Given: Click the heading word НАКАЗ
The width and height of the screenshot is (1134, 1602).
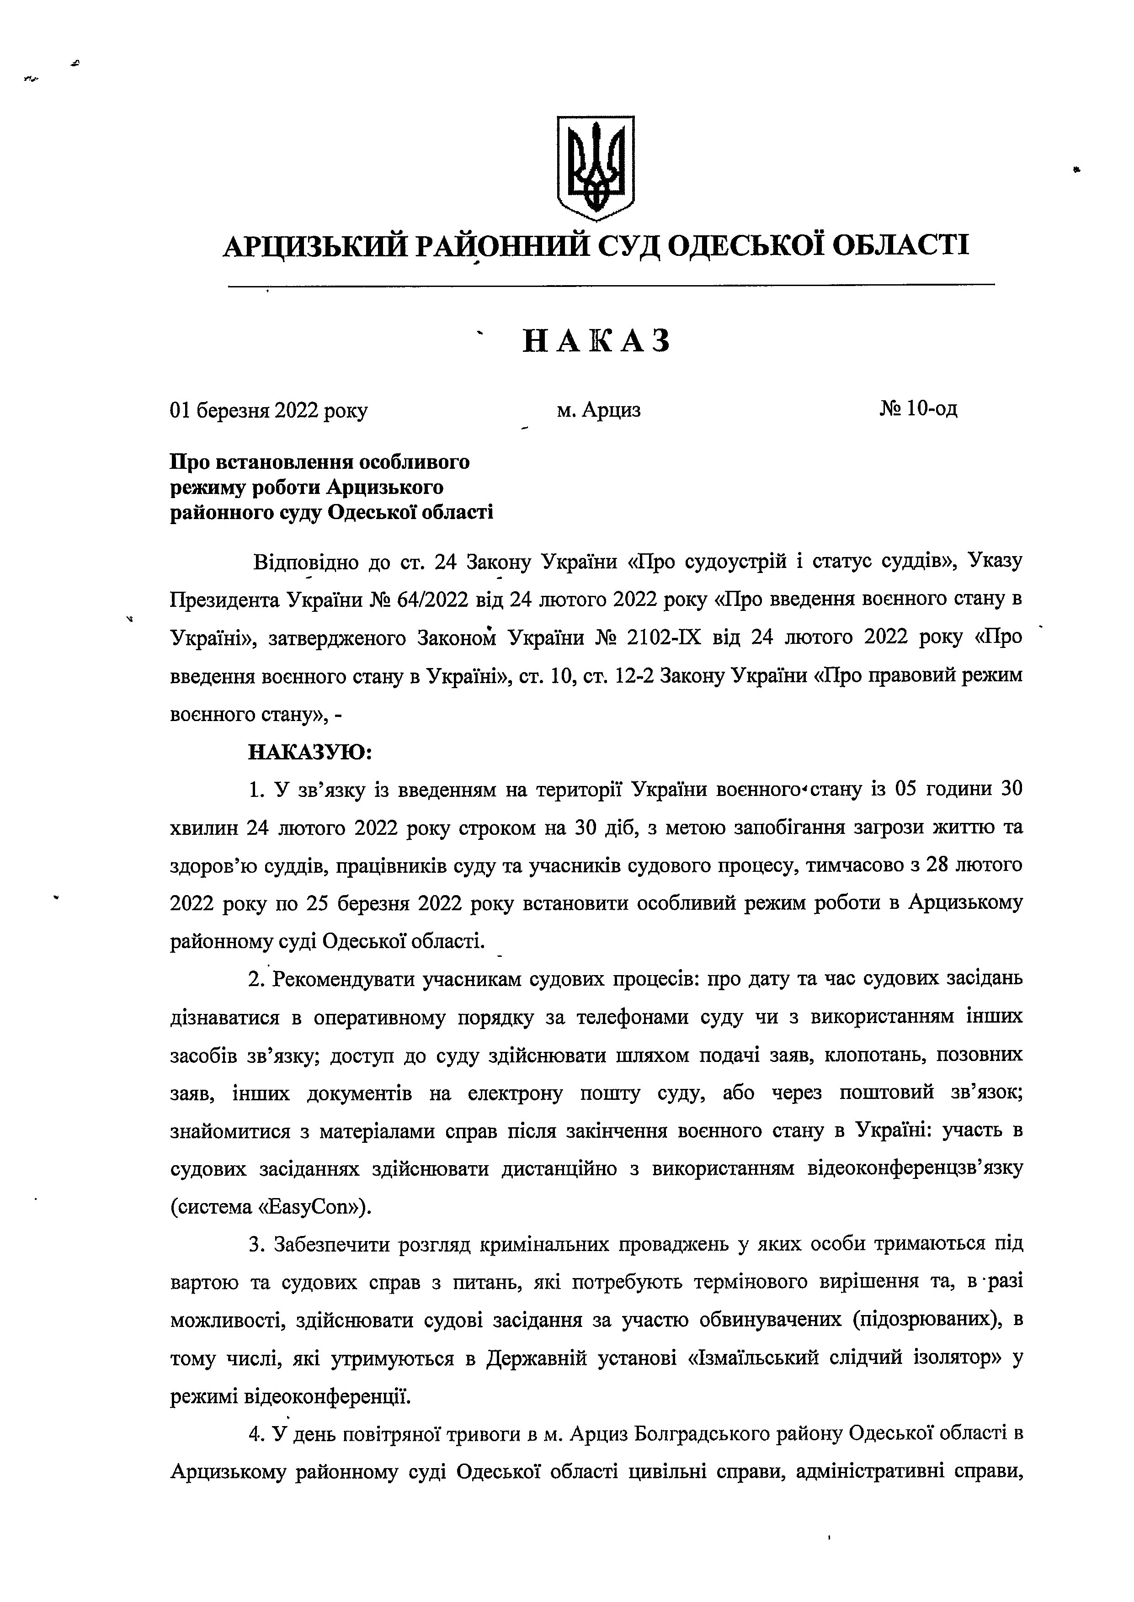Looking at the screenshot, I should (x=596, y=341).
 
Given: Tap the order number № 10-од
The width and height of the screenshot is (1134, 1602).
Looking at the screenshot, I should (x=918, y=408).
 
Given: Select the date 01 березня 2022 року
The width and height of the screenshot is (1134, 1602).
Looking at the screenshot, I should (x=269, y=410).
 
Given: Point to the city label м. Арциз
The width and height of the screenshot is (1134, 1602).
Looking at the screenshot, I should (x=598, y=410).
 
